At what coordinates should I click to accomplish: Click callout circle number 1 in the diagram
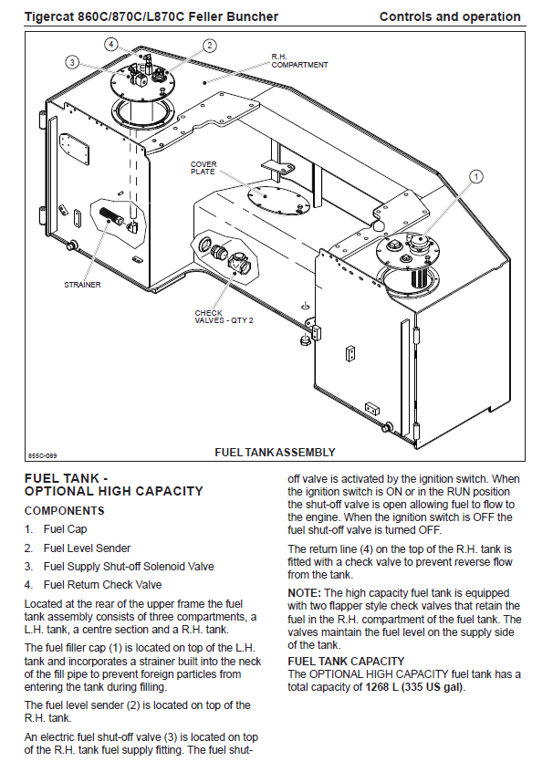pos(476,176)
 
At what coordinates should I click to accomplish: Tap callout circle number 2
pos(210,46)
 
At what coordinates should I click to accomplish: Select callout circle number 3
pos(72,62)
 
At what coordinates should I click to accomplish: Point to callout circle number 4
pos(111,44)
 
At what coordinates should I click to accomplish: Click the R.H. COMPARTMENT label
pos(299,61)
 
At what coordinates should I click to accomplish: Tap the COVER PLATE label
pos(203,168)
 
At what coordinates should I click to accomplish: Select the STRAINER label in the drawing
pos(83,285)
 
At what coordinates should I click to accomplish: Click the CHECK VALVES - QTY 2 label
pos(224,317)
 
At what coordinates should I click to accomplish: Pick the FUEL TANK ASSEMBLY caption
pos(275,453)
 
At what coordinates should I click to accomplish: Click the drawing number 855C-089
pos(42,456)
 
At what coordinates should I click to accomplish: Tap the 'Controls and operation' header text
pos(450,16)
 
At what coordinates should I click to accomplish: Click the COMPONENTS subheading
pos(65,511)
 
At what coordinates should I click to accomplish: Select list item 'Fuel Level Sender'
pos(87,548)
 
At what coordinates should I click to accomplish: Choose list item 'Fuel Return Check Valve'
pos(102,585)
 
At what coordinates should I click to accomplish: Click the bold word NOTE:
pos(304,593)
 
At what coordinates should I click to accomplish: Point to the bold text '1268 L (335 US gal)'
pos(414,687)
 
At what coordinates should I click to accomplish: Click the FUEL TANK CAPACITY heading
pos(346,662)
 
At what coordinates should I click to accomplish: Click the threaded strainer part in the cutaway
pos(110,214)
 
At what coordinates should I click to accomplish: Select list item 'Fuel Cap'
pos(65,529)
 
